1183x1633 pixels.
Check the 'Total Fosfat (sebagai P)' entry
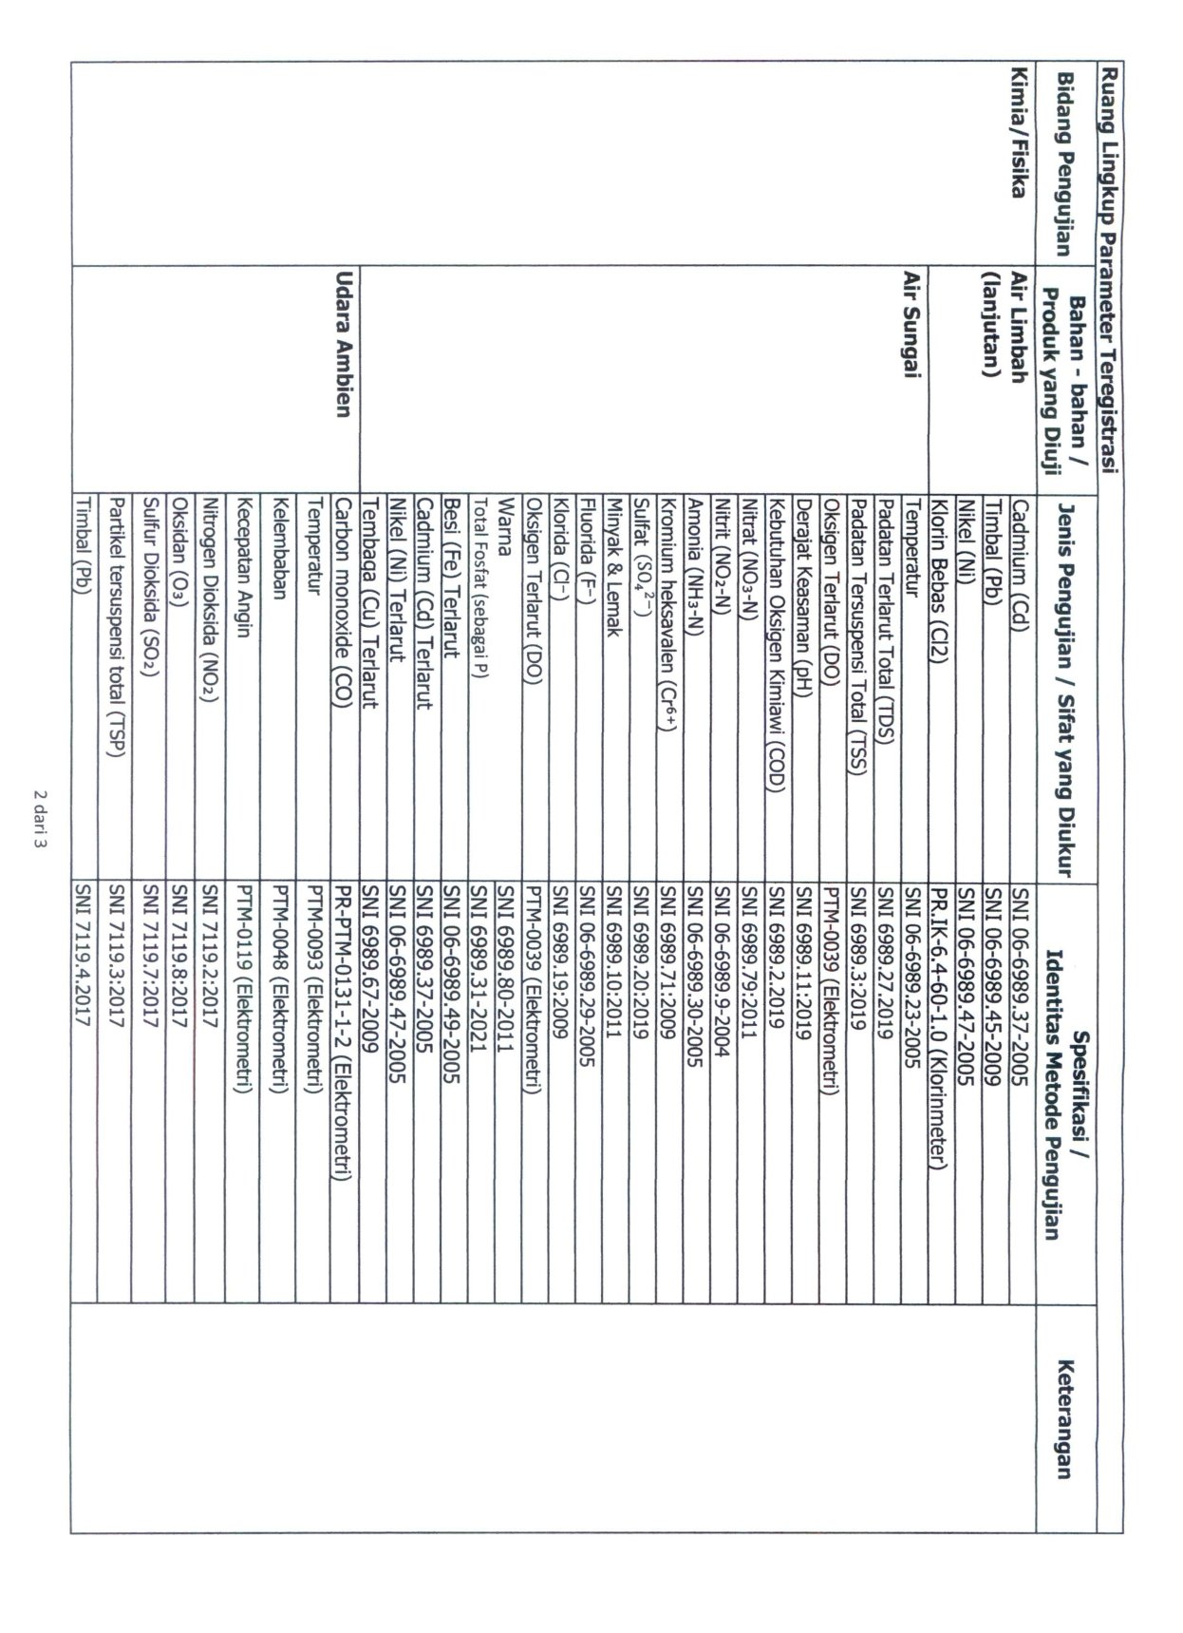(x=479, y=582)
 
